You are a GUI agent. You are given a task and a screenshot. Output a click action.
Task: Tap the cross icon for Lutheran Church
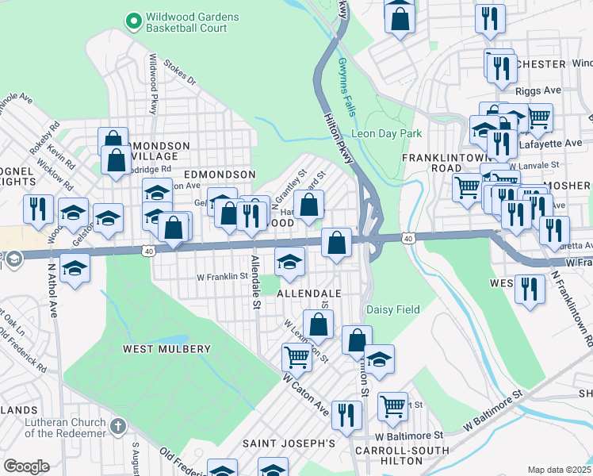tap(118, 427)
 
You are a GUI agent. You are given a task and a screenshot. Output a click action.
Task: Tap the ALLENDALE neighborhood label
tap(308, 294)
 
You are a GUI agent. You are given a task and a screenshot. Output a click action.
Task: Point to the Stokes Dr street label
tap(179, 74)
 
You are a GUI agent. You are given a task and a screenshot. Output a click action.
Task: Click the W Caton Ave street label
tap(305, 393)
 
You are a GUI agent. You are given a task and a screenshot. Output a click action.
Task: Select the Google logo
tap(26, 466)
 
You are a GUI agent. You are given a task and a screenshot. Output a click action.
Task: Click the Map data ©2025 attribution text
tap(559, 470)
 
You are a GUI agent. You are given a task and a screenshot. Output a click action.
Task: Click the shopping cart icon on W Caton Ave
tap(296, 357)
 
